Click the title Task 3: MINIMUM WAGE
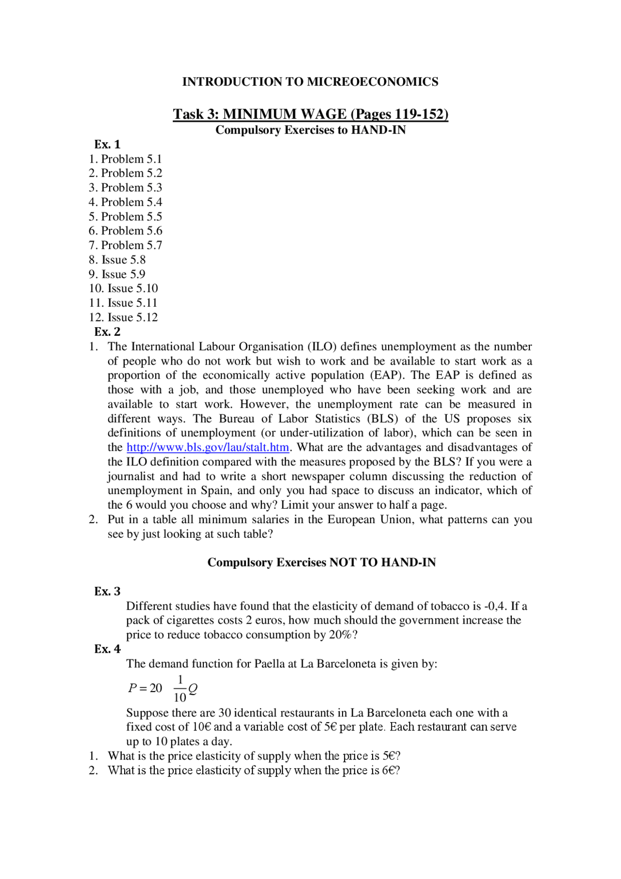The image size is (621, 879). pos(310,114)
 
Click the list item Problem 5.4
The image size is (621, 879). pos(126,202)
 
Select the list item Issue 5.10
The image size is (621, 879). pos(124,288)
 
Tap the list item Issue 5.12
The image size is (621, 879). pos(124,317)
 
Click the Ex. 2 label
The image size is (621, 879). pos(107,332)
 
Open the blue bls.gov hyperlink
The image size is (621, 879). pos(208,447)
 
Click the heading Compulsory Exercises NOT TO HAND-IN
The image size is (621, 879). pos(321,562)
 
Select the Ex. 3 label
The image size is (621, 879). pos(107,591)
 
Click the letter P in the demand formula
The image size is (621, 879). pos(132,688)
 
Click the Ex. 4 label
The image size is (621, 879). pos(107,649)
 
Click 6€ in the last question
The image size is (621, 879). pos(391,770)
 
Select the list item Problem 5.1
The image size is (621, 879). pos(126,159)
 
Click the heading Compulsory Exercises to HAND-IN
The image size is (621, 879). pos(310,130)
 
